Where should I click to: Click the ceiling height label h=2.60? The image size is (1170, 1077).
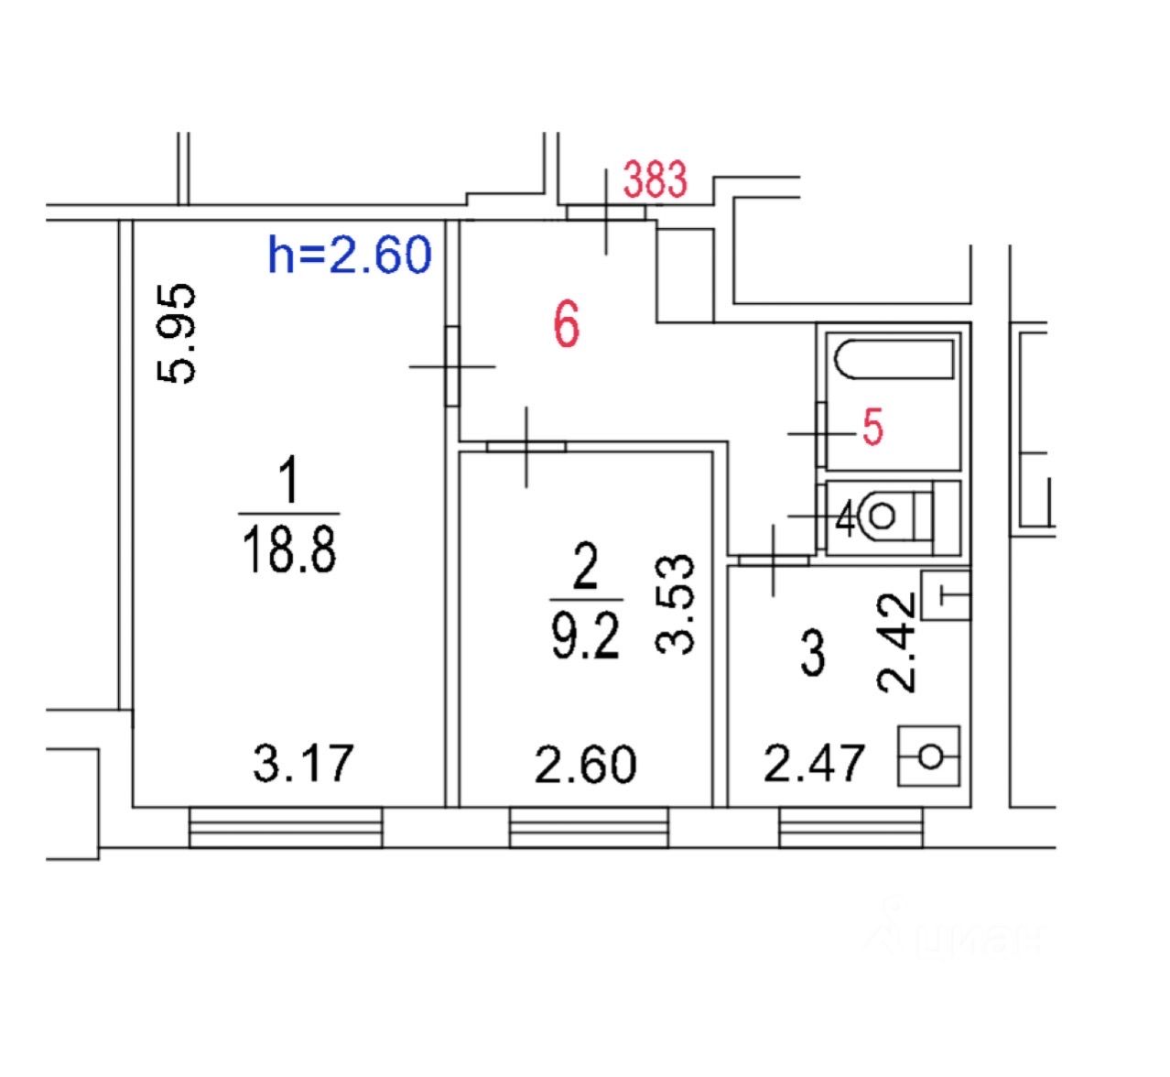349,255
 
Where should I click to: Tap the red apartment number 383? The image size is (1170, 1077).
655,179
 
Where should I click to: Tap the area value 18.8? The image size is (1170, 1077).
289,549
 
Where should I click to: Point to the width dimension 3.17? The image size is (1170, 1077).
302,764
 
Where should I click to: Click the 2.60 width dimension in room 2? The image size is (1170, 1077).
586,764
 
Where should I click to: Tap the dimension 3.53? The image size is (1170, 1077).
678,604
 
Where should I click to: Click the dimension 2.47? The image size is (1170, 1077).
814,764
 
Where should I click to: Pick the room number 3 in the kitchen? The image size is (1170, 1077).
813,653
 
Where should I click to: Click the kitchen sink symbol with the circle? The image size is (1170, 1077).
930,756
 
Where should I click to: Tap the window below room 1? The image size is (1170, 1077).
286,828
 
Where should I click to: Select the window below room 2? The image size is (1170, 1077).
589,828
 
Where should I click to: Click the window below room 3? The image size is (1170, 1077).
850,828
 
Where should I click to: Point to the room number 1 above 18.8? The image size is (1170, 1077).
289,483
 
